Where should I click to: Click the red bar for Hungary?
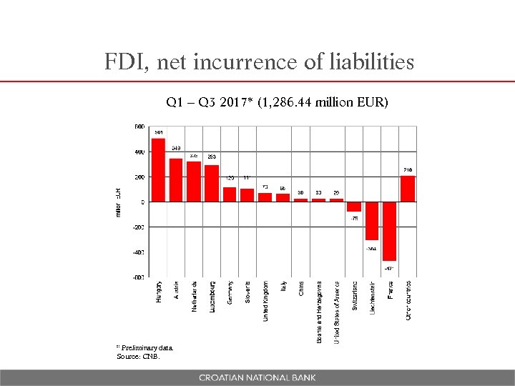pos(158,170)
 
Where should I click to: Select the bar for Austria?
pos(176,180)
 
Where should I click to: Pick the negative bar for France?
pos(389,231)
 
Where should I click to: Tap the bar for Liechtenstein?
pos(372,221)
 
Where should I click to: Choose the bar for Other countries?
pos(408,189)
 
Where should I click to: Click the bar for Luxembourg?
pos(212,184)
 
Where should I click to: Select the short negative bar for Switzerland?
pos(354,207)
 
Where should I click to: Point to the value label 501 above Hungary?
pos(158,133)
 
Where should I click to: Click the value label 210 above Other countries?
pos(408,169)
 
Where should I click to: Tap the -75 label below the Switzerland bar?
pos(355,218)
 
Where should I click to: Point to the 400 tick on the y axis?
pos(139,152)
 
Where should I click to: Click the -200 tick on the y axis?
pos(138,227)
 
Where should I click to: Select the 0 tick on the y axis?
pos(142,202)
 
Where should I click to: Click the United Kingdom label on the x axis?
pos(265,300)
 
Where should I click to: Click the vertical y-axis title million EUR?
pos(118,202)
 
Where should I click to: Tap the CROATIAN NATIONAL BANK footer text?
pos(257,377)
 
